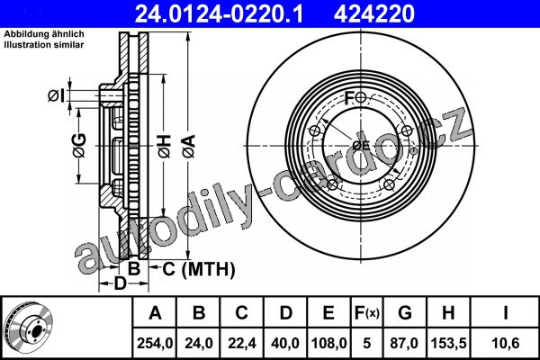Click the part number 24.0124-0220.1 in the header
coord(219,14)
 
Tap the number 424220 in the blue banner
coord(374,14)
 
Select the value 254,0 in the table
coord(155,344)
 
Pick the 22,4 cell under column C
coord(242,344)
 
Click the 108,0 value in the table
coord(328,344)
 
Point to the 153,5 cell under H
coord(449,344)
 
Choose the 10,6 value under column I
coord(506,344)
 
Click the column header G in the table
coord(405,313)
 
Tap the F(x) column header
coord(367,313)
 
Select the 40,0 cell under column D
coord(285,344)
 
